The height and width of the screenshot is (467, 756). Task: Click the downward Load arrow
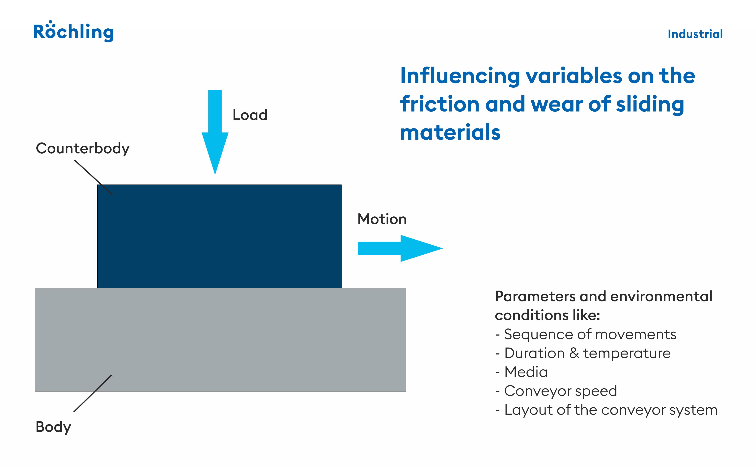click(215, 132)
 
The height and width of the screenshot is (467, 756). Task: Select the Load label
click(250, 115)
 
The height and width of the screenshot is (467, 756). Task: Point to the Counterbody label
click(83, 149)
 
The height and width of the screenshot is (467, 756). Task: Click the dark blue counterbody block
click(219, 236)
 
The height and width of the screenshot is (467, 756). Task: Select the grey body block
click(221, 340)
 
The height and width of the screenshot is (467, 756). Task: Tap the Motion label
click(382, 219)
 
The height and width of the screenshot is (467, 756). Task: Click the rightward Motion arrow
click(400, 248)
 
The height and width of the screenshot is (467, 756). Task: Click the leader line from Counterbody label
click(94, 177)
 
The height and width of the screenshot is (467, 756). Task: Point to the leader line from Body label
click(93, 393)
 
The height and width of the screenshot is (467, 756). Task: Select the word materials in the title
click(450, 133)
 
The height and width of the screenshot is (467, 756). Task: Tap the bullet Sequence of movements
click(585, 334)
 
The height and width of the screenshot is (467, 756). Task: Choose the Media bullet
click(521, 372)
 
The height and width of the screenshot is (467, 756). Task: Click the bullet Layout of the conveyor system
click(606, 410)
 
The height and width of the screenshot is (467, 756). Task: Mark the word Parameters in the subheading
click(535, 296)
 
